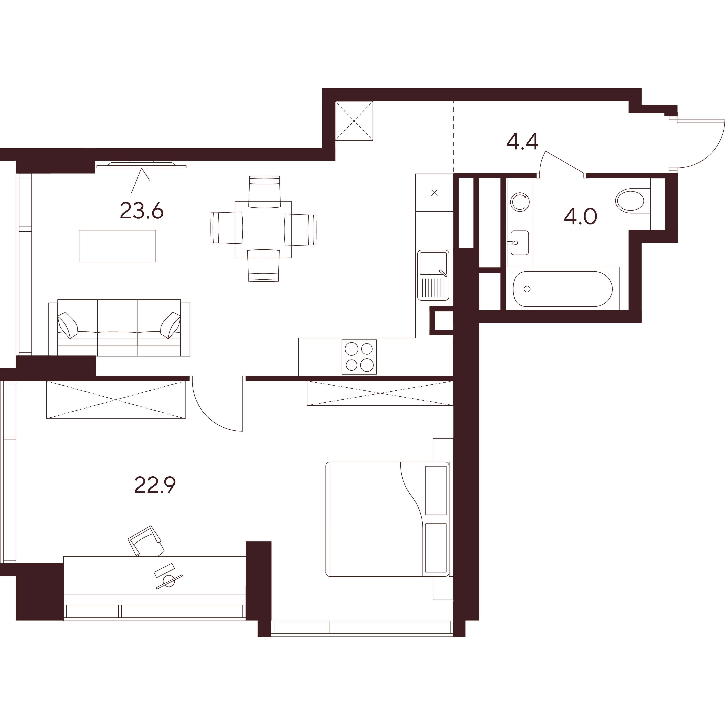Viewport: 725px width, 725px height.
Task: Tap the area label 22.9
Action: pos(155,485)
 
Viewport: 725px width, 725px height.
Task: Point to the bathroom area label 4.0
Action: pos(580,217)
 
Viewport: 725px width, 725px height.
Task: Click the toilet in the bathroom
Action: pos(630,201)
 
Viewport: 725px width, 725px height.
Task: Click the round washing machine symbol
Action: pos(520,202)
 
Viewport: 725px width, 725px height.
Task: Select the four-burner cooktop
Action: pos(359,357)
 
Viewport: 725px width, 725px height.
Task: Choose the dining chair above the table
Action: pos(265,192)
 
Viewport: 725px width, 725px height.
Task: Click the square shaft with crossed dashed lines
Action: pos(354,121)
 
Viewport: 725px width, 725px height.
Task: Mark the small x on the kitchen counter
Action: pos(435,193)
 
